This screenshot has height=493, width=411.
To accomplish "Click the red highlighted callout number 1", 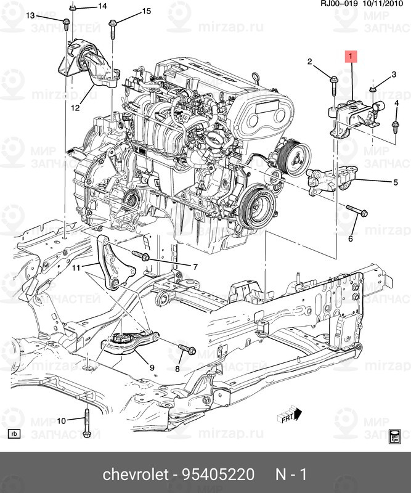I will (351, 58).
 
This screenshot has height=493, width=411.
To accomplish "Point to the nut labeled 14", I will (73, 7).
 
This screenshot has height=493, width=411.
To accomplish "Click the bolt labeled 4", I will (393, 126).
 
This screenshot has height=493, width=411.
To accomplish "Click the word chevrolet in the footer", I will (135, 475).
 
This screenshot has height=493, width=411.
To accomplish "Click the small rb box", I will (15, 434).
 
